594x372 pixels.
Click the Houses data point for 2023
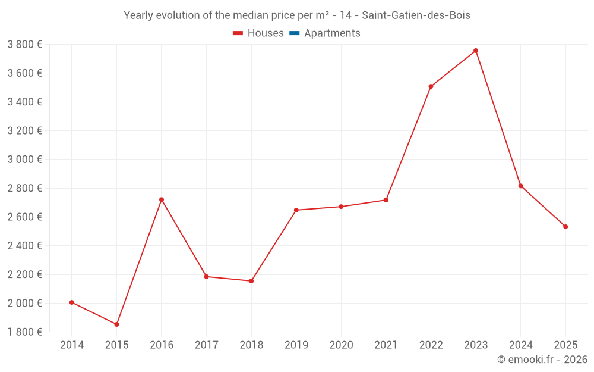tap(476, 51)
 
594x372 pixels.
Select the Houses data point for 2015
tap(116, 324)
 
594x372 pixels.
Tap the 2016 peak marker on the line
tap(162, 199)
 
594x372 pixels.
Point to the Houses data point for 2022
tap(431, 86)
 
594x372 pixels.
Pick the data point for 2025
tap(565, 227)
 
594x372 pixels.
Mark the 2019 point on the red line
tap(296, 210)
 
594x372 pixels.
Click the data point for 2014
tap(72, 302)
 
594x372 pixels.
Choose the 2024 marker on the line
tap(520, 186)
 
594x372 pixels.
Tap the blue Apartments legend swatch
tap(294, 33)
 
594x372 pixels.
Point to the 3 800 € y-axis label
tap(24, 45)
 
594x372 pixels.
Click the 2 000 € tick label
tap(24, 304)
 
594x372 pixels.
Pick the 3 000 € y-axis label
tap(24, 160)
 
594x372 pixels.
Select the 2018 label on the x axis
tap(251, 345)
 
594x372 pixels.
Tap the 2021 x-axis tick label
tap(386, 345)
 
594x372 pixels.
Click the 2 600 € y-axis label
tap(24, 217)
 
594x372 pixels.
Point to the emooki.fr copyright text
tap(542, 360)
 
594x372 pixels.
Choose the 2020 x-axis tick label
tap(341, 345)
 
